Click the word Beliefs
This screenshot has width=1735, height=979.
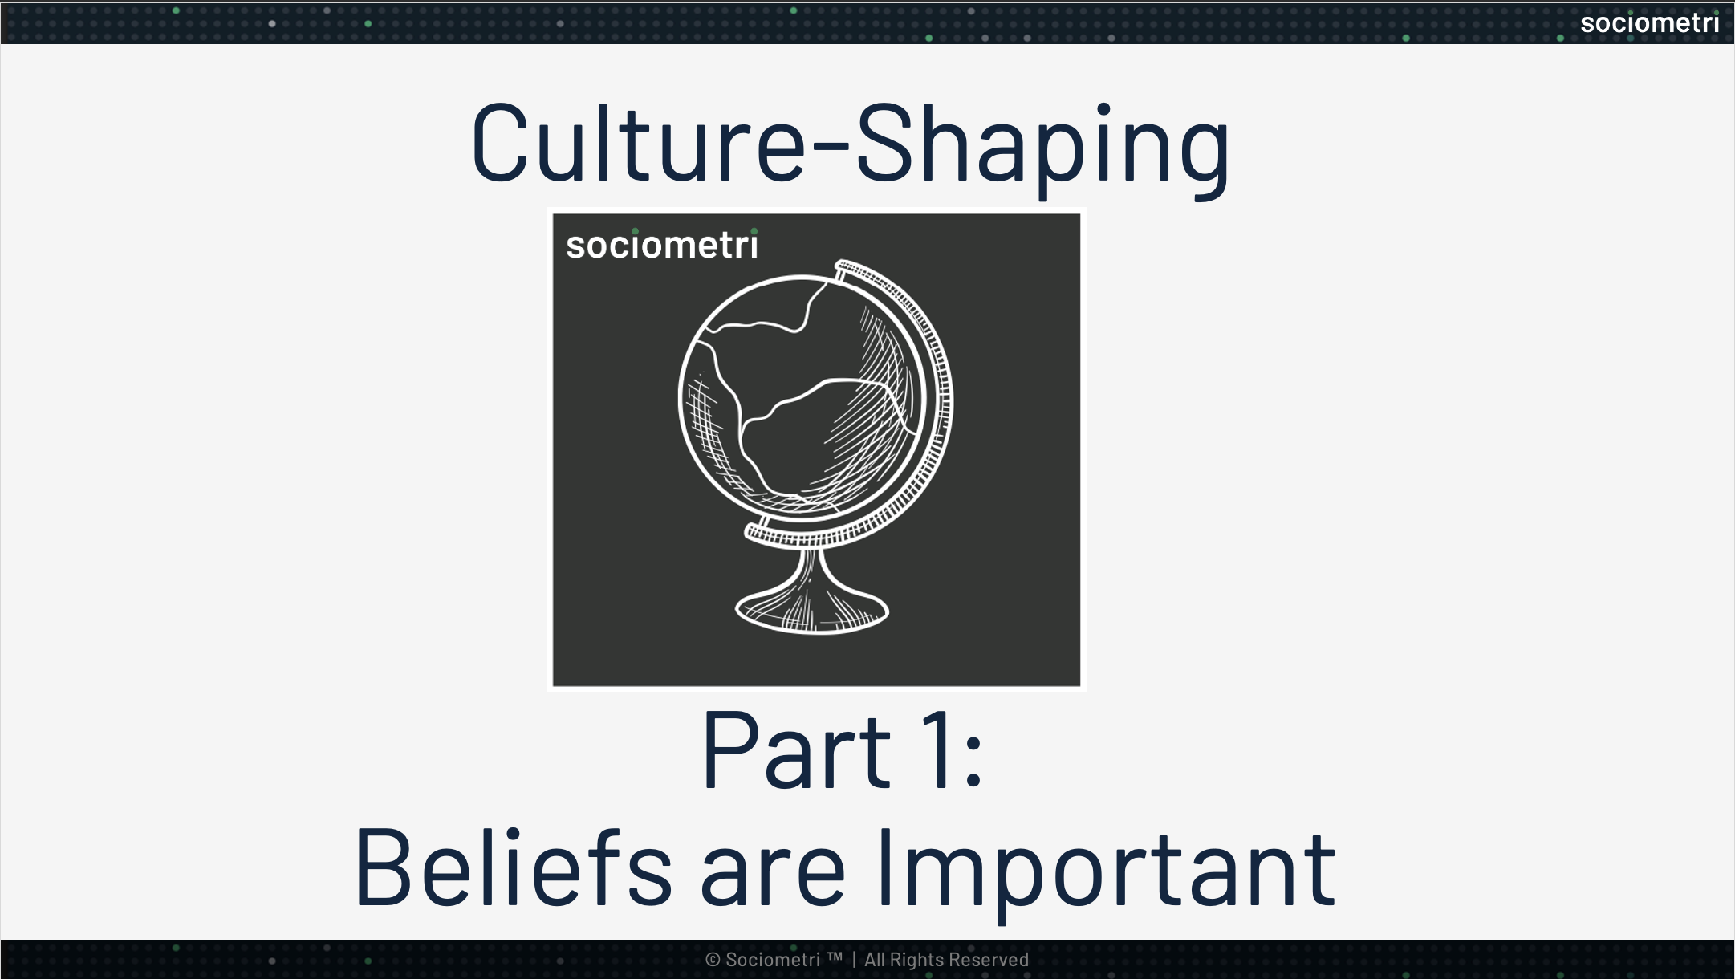pyautogui.click(x=514, y=869)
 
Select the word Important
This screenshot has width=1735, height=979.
pyautogui.click(x=1107, y=871)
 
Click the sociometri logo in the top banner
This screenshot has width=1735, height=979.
pyautogui.click(x=1649, y=23)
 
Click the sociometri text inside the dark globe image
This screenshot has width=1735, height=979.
pyautogui.click(x=661, y=245)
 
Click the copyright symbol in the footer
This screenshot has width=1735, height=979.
pyautogui.click(x=713, y=960)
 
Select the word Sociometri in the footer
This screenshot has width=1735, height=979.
pyautogui.click(x=773, y=960)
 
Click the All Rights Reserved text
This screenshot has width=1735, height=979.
pyautogui.click(x=946, y=960)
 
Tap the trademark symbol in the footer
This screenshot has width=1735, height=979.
pyautogui.click(x=835, y=957)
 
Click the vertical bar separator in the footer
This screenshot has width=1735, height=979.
pyautogui.click(x=854, y=960)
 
